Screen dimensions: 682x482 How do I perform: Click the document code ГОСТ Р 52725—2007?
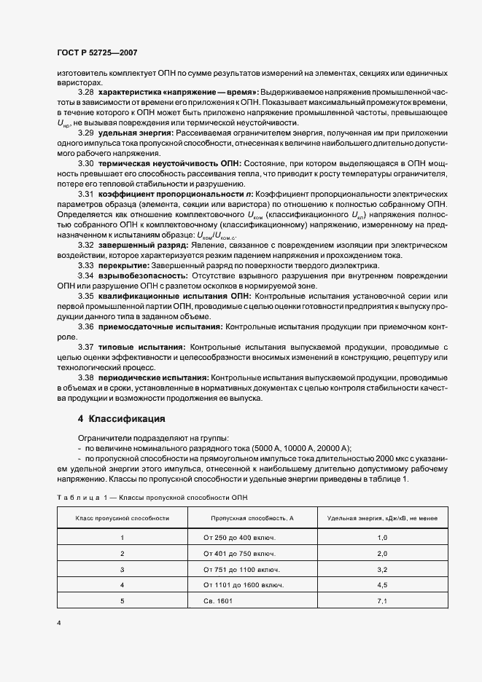click(97, 53)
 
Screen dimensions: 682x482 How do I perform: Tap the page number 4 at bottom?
click(58, 623)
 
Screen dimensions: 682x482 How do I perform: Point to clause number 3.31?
click(86, 196)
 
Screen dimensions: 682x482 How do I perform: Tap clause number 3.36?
click(86, 327)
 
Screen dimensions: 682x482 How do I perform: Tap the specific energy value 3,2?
click(382, 569)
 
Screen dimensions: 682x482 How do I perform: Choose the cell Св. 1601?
click(219, 601)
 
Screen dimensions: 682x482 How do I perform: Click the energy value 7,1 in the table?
click(382, 601)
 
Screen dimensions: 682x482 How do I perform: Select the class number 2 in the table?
click(123, 554)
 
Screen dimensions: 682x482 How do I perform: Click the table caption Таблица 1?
click(80, 498)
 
